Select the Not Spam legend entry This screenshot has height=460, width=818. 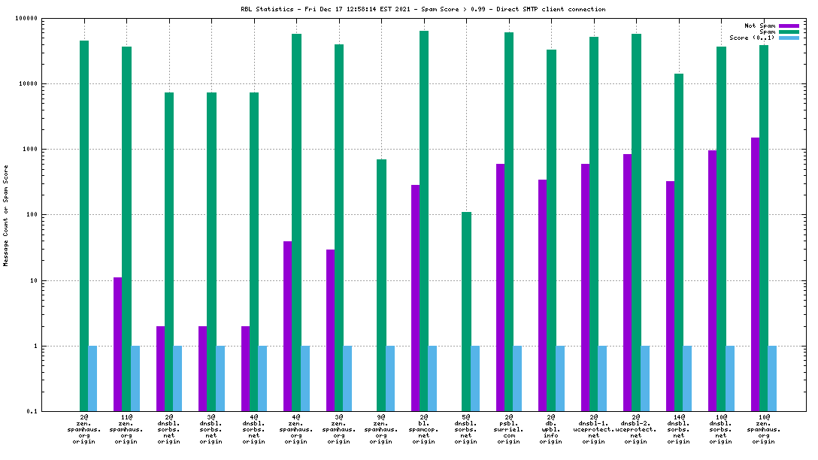pos(760,26)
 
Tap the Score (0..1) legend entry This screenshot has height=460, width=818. pos(753,38)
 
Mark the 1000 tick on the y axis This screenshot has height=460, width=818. pos(30,150)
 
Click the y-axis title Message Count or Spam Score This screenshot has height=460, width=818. pos(6,215)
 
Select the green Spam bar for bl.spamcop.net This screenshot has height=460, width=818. pos(424,221)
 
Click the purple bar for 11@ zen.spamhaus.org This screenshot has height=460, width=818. pos(118,344)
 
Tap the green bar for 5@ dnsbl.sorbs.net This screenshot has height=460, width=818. pos(466,311)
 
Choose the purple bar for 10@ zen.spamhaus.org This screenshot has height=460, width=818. pos(755,274)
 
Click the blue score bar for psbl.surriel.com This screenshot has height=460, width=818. pos(517,378)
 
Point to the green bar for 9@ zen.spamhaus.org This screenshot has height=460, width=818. pos(381,285)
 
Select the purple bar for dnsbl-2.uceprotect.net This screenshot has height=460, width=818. pos(627,283)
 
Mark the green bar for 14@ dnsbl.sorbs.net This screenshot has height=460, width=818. pos(679,242)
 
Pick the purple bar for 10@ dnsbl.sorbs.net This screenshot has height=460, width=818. pos(712,280)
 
